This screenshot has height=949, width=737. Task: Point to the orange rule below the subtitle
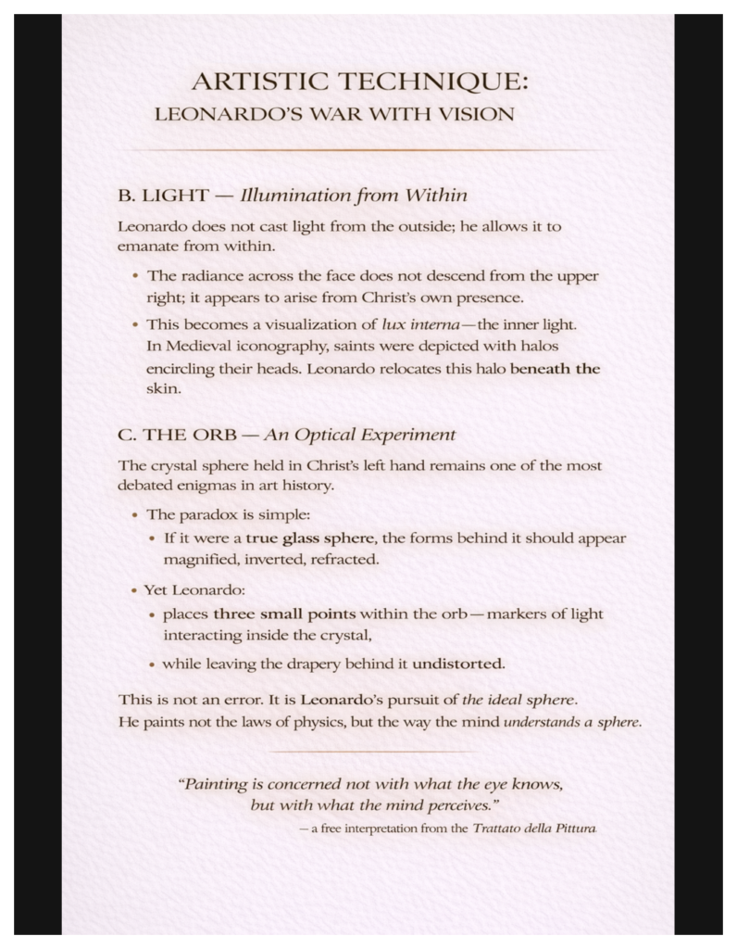point(368,150)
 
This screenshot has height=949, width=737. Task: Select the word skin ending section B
point(161,390)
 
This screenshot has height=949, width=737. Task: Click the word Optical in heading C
point(331,435)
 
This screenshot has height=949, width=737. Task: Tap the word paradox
point(205,513)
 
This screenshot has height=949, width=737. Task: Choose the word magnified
point(200,559)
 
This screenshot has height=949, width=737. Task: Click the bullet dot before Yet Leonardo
point(137,589)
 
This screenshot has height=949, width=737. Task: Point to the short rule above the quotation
point(368,752)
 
